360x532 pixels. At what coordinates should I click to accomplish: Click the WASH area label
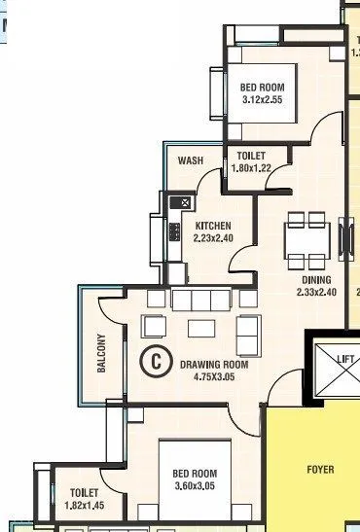coord(190,161)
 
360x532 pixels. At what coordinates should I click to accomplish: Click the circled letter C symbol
coord(154,360)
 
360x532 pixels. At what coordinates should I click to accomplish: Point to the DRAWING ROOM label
coord(214,365)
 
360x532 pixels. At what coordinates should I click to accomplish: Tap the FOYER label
coord(320,470)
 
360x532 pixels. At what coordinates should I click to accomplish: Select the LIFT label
coord(345,359)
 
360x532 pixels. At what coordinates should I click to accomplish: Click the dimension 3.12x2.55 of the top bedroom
coord(263,100)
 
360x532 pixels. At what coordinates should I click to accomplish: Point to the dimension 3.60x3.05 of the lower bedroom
coord(187,487)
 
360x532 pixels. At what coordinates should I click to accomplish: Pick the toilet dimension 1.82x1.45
coord(85,506)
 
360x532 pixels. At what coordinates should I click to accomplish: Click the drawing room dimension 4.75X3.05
coord(214,377)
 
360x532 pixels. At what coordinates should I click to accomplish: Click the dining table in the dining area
coord(305,239)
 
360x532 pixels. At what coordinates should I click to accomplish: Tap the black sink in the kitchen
coord(180,202)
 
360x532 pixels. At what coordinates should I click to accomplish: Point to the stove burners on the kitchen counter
coord(175,231)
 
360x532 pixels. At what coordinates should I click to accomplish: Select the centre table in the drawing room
coord(201,325)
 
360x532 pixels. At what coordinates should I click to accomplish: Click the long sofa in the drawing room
coord(205,299)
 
